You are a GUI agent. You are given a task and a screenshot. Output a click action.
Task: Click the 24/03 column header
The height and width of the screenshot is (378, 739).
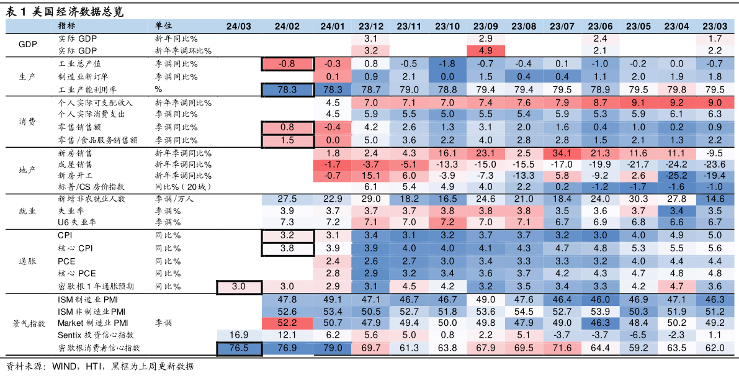[238, 27]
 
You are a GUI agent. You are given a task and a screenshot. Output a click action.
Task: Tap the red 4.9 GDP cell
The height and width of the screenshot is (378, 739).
[485, 51]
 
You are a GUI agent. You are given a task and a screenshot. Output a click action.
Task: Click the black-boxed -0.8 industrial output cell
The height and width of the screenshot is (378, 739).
[287, 64]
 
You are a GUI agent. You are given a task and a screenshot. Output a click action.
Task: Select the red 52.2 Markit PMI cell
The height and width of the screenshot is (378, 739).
[287, 323]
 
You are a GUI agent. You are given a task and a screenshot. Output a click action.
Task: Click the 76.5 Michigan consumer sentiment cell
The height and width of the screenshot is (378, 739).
[238, 348]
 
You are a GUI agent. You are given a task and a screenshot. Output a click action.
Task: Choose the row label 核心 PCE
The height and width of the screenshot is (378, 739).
[77, 273]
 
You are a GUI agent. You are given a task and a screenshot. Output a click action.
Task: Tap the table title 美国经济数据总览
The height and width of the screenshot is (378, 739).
[78, 12]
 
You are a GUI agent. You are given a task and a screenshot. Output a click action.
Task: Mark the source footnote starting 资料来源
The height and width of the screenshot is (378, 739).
[100, 366]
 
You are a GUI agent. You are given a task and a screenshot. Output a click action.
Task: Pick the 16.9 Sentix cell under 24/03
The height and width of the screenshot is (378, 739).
[238, 335]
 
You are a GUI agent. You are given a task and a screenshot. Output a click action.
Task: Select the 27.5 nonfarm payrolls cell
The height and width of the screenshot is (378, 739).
[287, 199]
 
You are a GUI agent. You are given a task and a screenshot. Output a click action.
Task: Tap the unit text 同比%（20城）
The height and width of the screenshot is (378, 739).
[181, 187]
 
